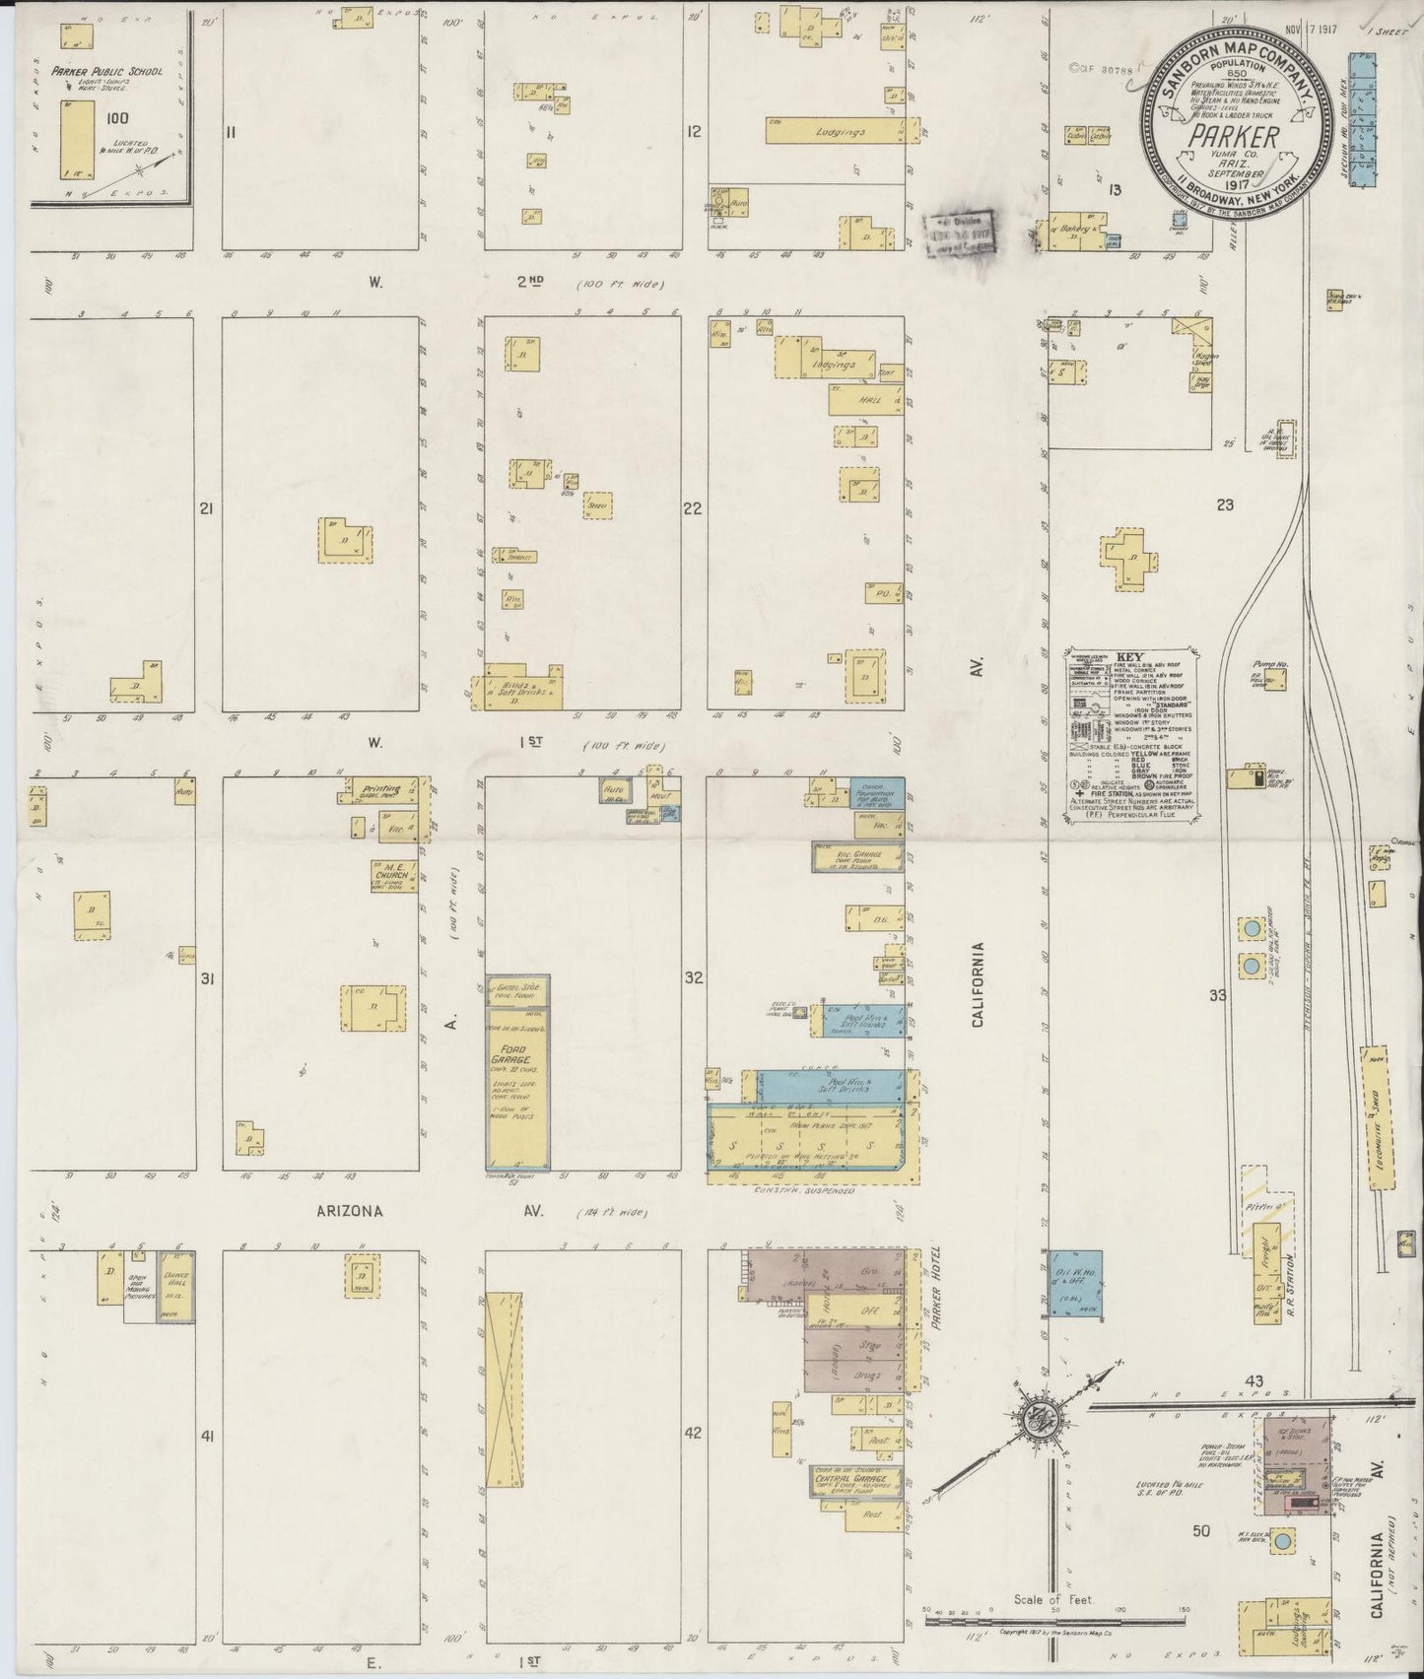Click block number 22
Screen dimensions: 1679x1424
click(694, 508)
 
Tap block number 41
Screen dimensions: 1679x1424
click(208, 1438)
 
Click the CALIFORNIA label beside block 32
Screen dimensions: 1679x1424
click(978, 985)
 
